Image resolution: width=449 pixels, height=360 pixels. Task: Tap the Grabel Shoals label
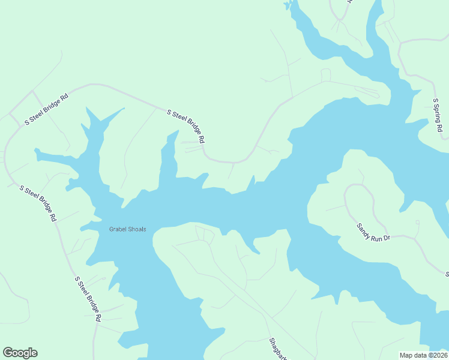[127, 229]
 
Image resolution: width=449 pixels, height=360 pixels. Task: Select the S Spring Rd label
[438, 116]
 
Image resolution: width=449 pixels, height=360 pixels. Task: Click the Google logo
[20, 353]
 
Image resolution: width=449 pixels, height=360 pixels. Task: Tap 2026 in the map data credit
[438, 355]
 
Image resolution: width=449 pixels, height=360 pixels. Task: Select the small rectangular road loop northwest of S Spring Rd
[325, 75]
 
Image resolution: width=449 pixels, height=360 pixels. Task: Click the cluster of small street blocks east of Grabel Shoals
[205, 233]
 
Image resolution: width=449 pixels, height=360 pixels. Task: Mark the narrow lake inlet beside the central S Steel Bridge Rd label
[169, 156]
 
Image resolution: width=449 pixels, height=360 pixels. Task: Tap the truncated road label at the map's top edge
[348, 2]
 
